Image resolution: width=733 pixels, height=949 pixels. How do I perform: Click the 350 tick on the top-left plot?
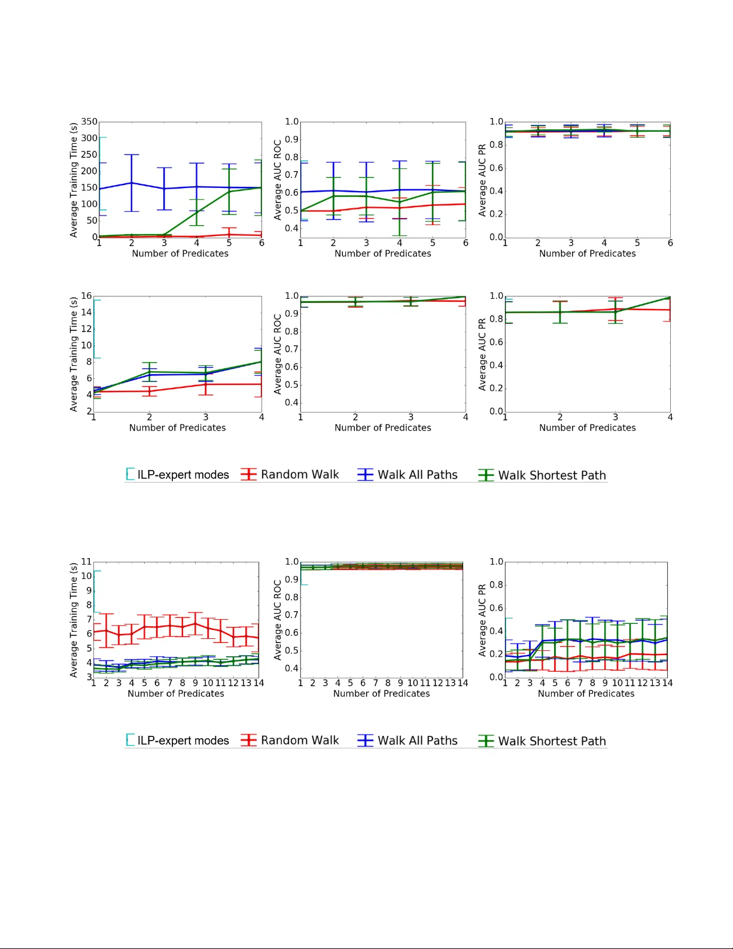point(89,122)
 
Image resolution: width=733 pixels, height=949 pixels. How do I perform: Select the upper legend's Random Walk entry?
point(290,475)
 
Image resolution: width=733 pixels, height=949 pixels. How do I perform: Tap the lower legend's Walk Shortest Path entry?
point(542,741)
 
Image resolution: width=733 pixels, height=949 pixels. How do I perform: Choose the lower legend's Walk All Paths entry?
point(407,741)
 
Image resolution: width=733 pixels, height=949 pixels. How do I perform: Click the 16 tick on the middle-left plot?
point(87,296)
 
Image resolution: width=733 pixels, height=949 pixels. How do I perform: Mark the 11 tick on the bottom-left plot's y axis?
point(87,562)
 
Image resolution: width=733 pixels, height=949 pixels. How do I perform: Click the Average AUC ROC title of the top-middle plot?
point(278,180)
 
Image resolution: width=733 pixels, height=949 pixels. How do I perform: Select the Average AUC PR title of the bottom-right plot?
point(482,620)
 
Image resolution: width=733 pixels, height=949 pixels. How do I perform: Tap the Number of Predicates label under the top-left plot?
point(180,253)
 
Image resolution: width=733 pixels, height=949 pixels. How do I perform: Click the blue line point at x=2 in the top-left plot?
point(132,183)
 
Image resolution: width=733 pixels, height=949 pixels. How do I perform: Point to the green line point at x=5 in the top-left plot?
point(229,192)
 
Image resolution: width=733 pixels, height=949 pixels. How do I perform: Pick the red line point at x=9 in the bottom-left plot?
point(195,624)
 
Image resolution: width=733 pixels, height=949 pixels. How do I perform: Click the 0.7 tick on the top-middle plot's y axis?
point(291,175)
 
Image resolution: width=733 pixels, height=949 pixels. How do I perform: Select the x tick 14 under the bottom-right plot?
point(667,683)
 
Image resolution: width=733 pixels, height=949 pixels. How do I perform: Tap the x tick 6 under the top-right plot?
point(670,243)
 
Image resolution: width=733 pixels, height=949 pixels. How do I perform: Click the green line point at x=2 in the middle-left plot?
point(150,372)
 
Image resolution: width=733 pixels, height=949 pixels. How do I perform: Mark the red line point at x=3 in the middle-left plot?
point(206,384)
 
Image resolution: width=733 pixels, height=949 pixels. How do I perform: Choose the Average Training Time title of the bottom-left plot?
point(74,620)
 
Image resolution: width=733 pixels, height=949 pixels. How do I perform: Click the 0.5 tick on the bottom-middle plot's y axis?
point(291,651)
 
